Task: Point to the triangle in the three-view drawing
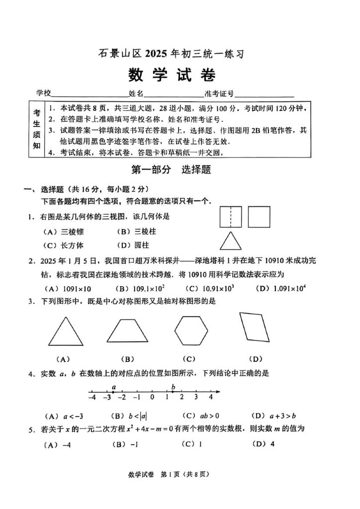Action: pyautogui.click(x=230, y=242)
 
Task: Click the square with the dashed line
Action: pyautogui.click(x=230, y=217)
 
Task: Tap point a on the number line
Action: pyautogui.click(x=114, y=392)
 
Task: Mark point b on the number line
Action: pyautogui.click(x=173, y=392)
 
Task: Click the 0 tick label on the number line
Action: pyautogui.click(x=152, y=398)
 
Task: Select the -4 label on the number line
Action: pyautogui.click(x=92, y=398)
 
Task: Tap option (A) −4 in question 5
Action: pyautogui.click(x=58, y=444)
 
